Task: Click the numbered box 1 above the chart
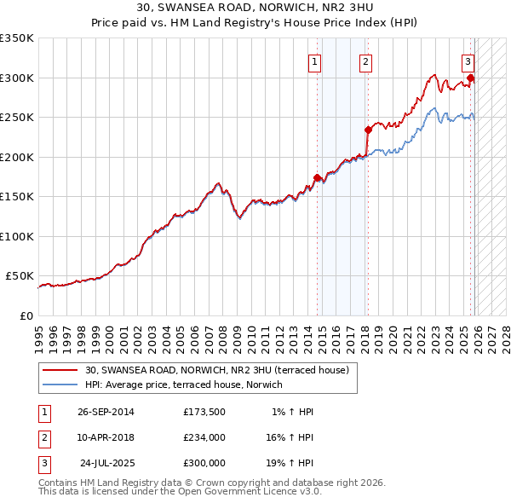pyautogui.click(x=315, y=61)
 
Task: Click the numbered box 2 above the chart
pyautogui.click(x=365, y=61)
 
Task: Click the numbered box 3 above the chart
pyautogui.click(x=468, y=61)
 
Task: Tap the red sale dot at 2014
pyautogui.click(x=318, y=178)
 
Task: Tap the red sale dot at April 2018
pyautogui.click(x=369, y=130)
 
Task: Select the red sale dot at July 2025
pyautogui.click(x=471, y=78)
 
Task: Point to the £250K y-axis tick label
pyautogui.click(x=17, y=118)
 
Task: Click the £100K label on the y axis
pyautogui.click(x=17, y=236)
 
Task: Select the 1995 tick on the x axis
pyautogui.click(x=38, y=332)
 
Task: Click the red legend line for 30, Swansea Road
pyautogui.click(x=60, y=370)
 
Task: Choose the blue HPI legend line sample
pyautogui.click(x=60, y=384)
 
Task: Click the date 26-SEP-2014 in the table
pyautogui.click(x=106, y=412)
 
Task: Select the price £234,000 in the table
pyautogui.click(x=204, y=437)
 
